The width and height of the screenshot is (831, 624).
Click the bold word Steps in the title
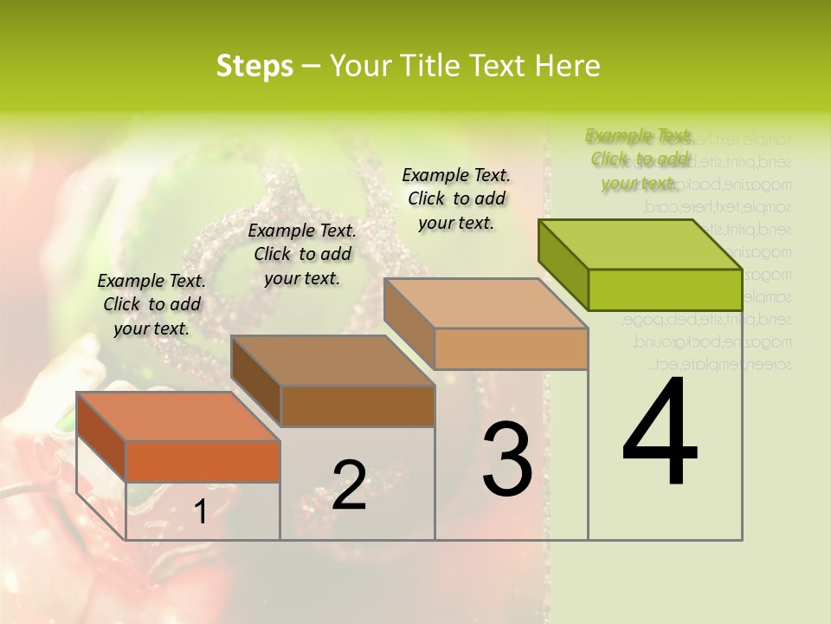[x=254, y=66]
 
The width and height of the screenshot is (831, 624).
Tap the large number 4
[x=660, y=432]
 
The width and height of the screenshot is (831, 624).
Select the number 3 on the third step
[x=507, y=458]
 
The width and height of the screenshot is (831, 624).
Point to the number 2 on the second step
[x=349, y=484]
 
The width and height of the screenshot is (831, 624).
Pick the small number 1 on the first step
[x=200, y=511]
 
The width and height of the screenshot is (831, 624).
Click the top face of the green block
[x=641, y=244]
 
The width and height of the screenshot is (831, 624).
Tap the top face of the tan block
[x=485, y=303]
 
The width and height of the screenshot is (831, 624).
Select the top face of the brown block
[x=332, y=361]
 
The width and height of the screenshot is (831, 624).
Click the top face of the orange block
[x=178, y=417]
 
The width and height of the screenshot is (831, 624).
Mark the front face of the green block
[x=665, y=289]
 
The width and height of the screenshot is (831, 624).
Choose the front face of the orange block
[x=203, y=461]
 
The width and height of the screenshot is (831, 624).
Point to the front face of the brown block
[x=358, y=406]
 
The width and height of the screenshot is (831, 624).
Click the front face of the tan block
[x=511, y=348]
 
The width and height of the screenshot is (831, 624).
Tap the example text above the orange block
[x=151, y=304]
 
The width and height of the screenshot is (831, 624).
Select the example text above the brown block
[x=302, y=254]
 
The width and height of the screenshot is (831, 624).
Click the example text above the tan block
[x=456, y=198]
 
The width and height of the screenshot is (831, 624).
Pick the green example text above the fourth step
[x=640, y=159]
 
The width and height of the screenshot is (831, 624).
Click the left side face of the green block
[x=563, y=263]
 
